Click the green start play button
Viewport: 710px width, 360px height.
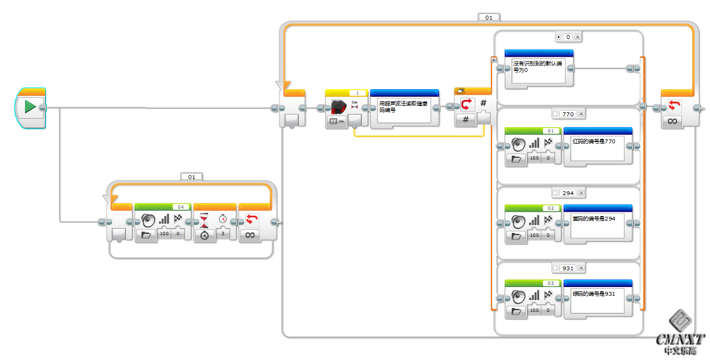[30, 107]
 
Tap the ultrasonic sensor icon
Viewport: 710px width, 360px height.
[339, 106]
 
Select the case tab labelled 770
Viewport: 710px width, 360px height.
[568, 114]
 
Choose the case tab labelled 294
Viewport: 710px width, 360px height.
[568, 193]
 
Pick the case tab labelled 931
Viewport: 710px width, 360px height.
[568, 268]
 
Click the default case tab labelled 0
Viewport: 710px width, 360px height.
[567, 37]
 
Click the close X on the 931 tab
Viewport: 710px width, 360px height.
[581, 268]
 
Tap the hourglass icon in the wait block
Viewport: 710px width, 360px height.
[204, 220]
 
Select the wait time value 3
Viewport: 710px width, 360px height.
[223, 234]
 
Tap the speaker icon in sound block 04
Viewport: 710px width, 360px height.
[148, 219]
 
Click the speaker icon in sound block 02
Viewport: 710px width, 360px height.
[518, 221]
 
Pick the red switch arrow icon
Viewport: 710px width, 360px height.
[467, 104]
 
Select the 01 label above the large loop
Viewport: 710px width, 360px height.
[488, 17]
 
